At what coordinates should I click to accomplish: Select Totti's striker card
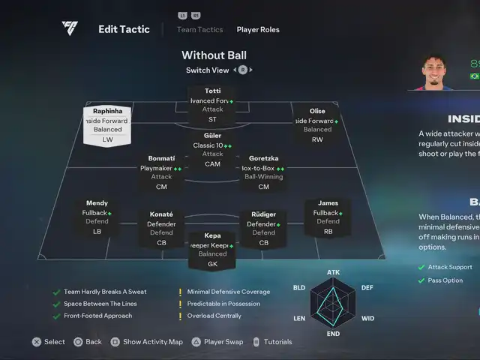pyautogui.click(x=212, y=104)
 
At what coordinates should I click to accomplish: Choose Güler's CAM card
pyautogui.click(x=212, y=149)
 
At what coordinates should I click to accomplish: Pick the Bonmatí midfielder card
pyautogui.click(x=161, y=172)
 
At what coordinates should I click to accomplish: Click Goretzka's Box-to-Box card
pyautogui.click(x=263, y=172)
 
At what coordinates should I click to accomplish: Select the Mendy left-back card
pyautogui.click(x=97, y=217)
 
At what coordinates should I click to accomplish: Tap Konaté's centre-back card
pyautogui.click(x=161, y=228)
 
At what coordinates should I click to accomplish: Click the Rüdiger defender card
pyautogui.click(x=263, y=228)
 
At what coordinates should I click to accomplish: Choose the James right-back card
pyautogui.click(x=328, y=217)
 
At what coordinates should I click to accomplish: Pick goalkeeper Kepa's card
pyautogui.click(x=212, y=250)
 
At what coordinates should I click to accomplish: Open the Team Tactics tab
pyautogui.click(x=199, y=30)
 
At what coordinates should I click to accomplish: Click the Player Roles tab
pyautogui.click(x=258, y=30)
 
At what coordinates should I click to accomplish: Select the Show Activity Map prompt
pyautogui.click(x=152, y=342)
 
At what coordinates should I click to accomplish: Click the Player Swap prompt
pyautogui.click(x=223, y=342)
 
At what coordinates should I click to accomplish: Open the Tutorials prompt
pyautogui.click(x=277, y=342)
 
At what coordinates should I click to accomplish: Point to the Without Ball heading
pyautogui.click(x=214, y=55)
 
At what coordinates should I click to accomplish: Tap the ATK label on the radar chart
pyautogui.click(x=333, y=272)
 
